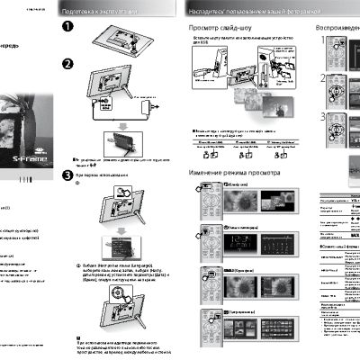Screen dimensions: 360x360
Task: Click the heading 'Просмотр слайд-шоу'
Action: coord(217,29)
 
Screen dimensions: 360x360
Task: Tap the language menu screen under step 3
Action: coord(121,243)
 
